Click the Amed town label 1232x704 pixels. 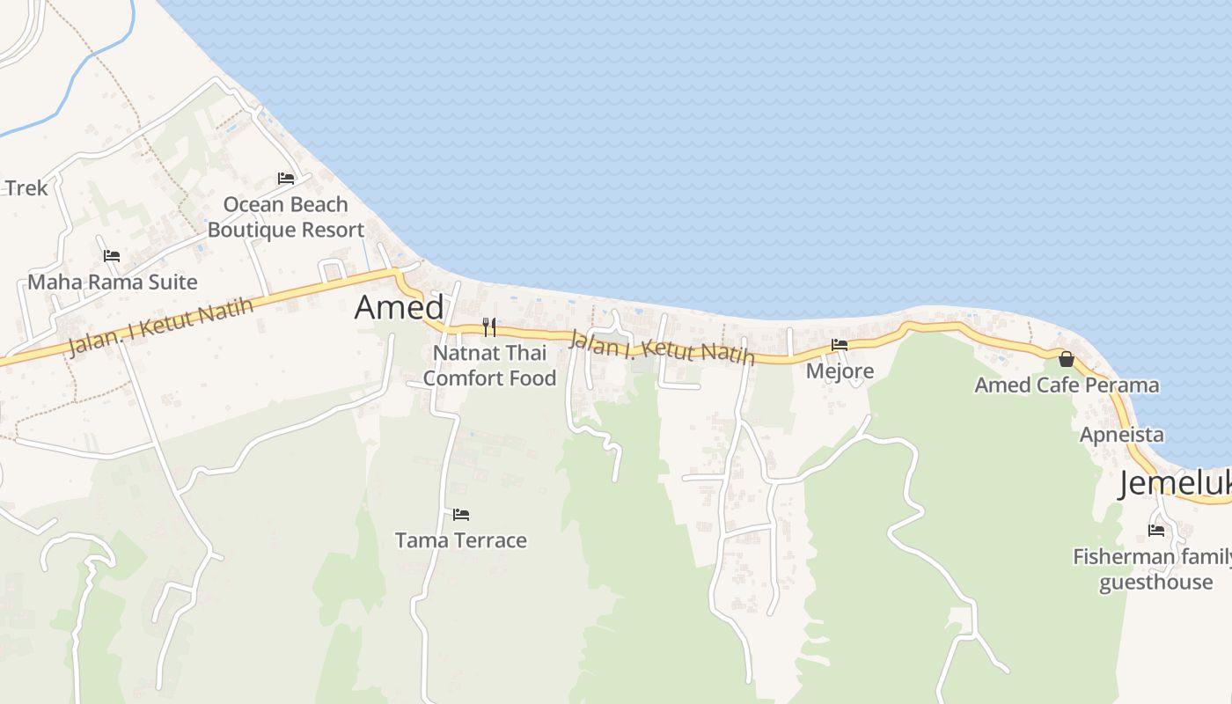point(399,307)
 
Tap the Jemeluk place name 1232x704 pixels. point(1174,484)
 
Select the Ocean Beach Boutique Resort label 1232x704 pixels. point(286,216)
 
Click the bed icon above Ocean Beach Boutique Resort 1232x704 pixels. point(286,178)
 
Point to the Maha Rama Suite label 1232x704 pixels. point(113,282)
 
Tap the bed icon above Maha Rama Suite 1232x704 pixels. point(112,256)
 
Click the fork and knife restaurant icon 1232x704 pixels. point(489,327)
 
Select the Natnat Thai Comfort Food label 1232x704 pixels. point(489,365)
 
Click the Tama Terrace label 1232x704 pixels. point(461,540)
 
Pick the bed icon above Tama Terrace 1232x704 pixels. point(461,514)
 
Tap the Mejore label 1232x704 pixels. point(840,370)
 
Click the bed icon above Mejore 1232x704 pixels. point(840,345)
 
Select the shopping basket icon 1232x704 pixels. point(1067,359)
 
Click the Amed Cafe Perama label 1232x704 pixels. point(1067,385)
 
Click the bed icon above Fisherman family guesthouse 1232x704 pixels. point(1156,530)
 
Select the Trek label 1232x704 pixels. point(26,187)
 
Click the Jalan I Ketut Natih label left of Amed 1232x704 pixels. point(160,326)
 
